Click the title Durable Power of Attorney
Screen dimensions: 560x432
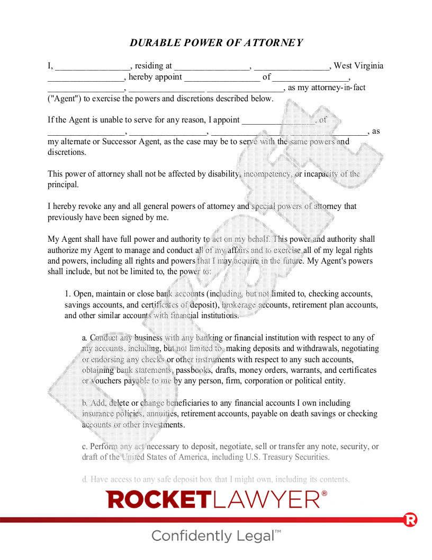click(x=216, y=43)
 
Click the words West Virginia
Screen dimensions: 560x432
click(x=358, y=66)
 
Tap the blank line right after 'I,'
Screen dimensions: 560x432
click(x=93, y=67)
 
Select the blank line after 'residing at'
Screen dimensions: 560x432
click(x=212, y=67)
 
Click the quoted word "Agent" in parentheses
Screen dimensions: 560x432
click(x=62, y=99)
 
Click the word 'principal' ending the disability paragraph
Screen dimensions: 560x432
click(x=63, y=185)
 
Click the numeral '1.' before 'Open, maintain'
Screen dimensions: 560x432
click(x=68, y=294)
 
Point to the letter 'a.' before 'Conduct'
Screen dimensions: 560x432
click(x=85, y=338)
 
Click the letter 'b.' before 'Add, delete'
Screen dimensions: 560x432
click(x=85, y=403)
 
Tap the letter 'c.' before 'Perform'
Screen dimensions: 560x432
click(x=85, y=447)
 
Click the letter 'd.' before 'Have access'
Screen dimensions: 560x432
click(x=85, y=479)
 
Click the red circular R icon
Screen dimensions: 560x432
click(x=410, y=520)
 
